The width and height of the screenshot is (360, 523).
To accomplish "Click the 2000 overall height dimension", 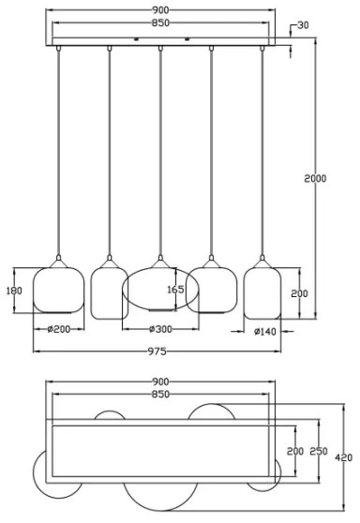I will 315,178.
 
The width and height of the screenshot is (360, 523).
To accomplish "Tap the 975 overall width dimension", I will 157,351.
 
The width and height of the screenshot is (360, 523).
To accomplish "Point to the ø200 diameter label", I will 60,329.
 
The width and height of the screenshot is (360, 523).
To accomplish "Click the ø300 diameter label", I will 161,329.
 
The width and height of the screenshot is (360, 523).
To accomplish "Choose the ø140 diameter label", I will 265,330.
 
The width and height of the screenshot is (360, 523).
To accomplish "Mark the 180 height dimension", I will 14,291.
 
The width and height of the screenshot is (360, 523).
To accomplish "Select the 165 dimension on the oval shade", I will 175,291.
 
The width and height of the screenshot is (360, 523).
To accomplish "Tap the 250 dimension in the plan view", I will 318,452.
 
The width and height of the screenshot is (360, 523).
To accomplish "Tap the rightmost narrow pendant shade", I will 262,292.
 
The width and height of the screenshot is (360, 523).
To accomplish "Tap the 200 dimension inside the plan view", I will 295,452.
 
